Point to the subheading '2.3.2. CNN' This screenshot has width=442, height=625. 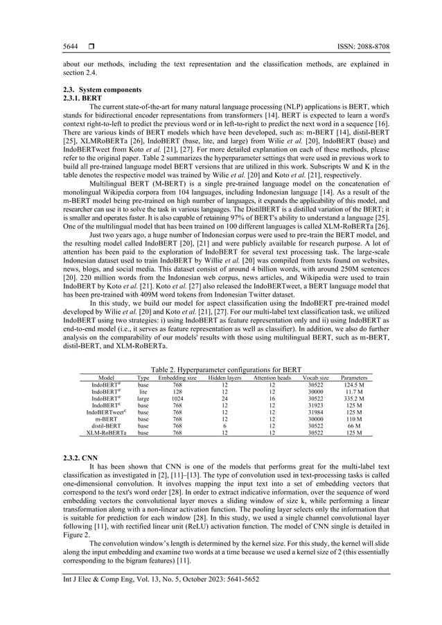tap(71, 459)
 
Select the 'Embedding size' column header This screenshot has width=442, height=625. tap(177, 378)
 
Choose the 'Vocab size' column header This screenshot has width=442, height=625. tap(315, 378)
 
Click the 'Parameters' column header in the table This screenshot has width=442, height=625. tap(354, 378)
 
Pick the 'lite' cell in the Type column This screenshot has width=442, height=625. tap(143, 391)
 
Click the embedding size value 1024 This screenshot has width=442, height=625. tap(177, 398)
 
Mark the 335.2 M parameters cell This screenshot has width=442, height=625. tap(354, 398)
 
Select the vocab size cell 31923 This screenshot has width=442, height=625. tap(315, 405)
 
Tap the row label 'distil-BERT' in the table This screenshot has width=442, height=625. tap(105, 425)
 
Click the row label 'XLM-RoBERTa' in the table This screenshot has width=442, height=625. tap(105, 432)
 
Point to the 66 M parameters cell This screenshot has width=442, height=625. tap(354, 425)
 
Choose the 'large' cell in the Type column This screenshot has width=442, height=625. tap(143, 398)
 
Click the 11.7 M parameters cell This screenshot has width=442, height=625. tap(354, 391)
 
